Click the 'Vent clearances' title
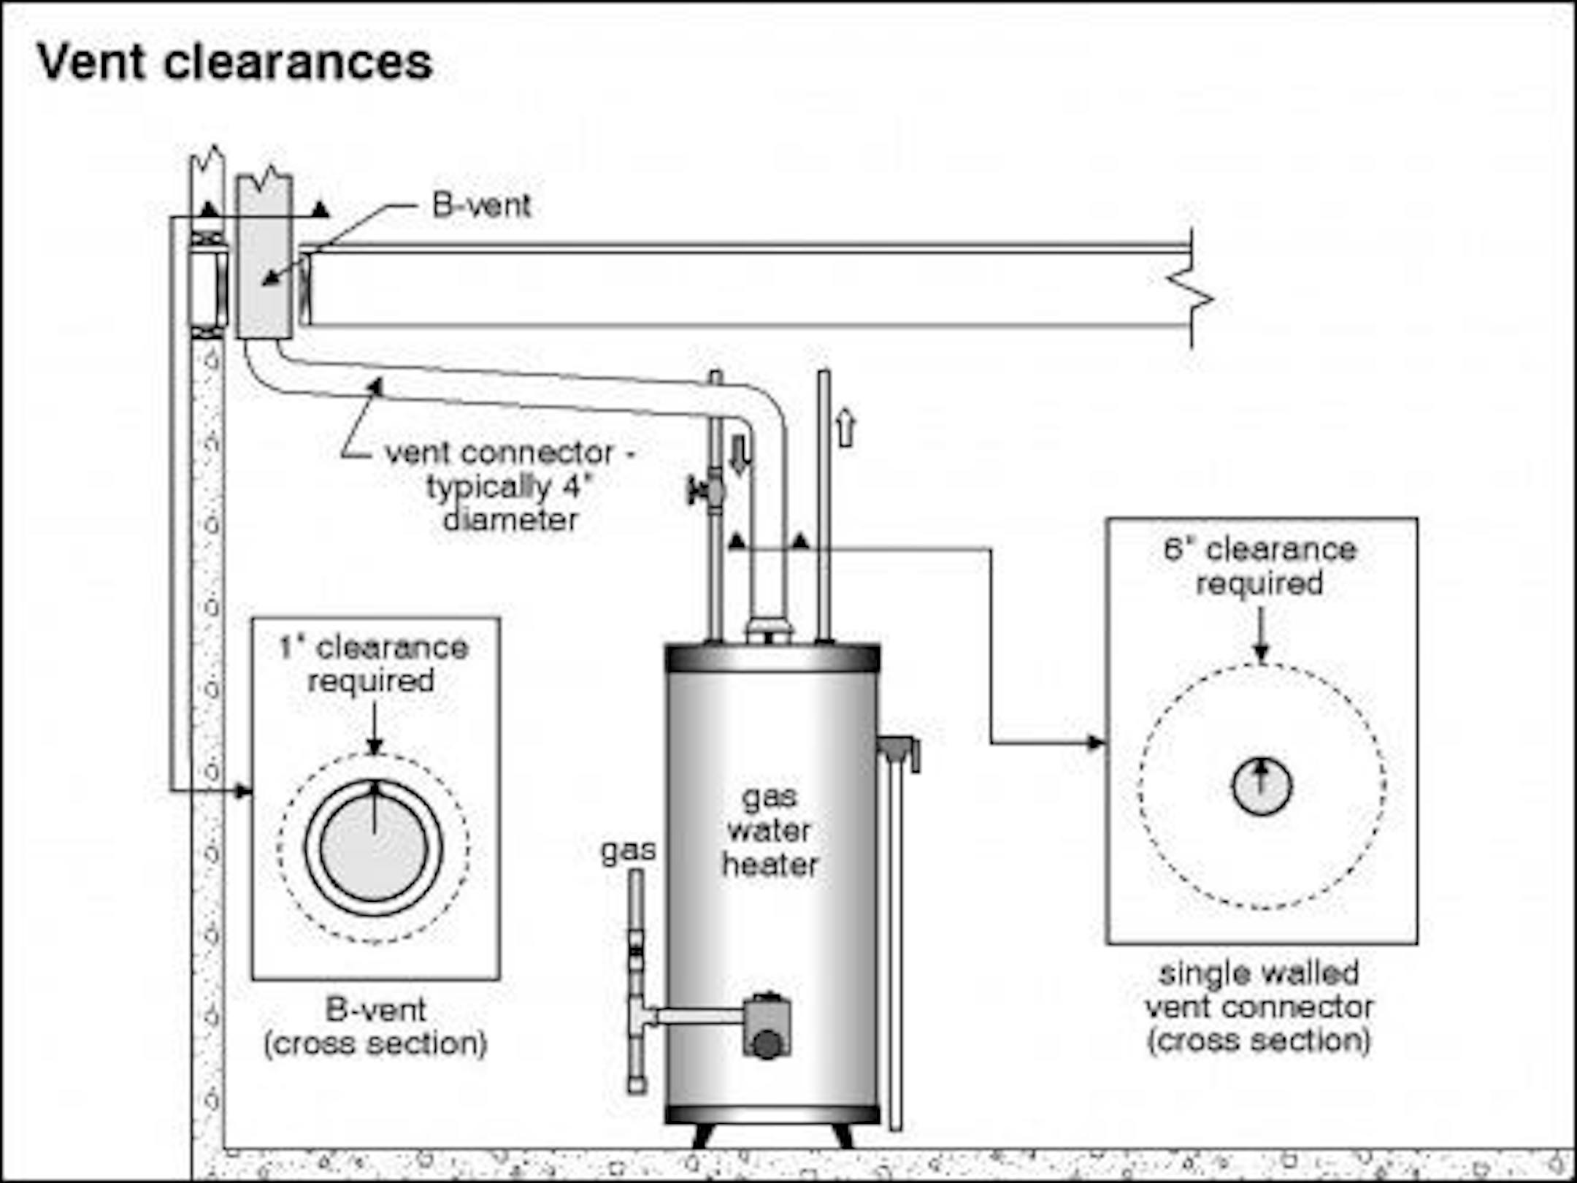pyautogui.click(x=234, y=62)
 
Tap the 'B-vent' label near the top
pyautogui.click(x=481, y=206)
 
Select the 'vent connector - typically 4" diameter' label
pyautogui.click(x=510, y=486)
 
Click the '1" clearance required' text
pyautogui.click(x=373, y=664)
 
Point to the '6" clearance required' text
pyautogui.click(x=1260, y=567)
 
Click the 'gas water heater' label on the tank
pyautogui.click(x=770, y=831)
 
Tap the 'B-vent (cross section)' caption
pyautogui.click(x=375, y=1027)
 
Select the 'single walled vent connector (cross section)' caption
pyautogui.click(x=1259, y=1007)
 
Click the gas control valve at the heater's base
pyautogui.click(x=767, y=1025)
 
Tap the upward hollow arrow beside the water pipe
pyautogui.click(x=845, y=428)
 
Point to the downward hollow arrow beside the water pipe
pyautogui.click(x=740, y=455)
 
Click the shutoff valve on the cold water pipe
pyautogui.click(x=707, y=490)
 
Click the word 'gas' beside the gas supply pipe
pyautogui.click(x=628, y=851)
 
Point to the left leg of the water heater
pyautogui.click(x=703, y=1136)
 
